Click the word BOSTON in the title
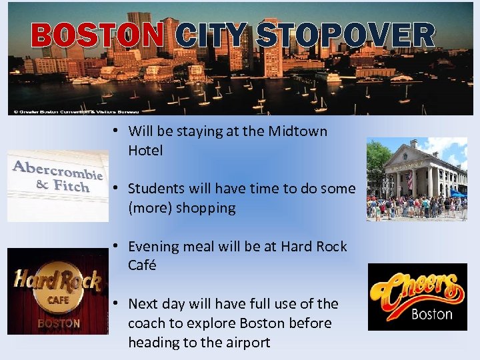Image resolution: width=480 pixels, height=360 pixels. (x=97, y=36)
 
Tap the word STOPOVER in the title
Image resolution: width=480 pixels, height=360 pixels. (x=345, y=36)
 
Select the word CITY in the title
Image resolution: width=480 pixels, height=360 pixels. (x=213, y=36)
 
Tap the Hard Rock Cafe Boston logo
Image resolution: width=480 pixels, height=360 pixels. (x=57, y=291)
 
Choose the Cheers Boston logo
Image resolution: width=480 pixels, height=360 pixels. (x=417, y=297)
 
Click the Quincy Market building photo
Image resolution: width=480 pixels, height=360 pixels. (x=417, y=179)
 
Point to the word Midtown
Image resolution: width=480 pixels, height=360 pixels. (x=297, y=131)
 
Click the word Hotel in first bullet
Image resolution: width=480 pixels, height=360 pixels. (x=145, y=151)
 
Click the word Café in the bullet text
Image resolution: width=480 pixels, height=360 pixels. (x=142, y=265)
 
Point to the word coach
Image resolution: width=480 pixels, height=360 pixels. (x=147, y=323)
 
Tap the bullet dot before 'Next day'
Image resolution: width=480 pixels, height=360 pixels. (x=115, y=303)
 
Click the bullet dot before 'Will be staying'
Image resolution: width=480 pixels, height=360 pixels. (x=115, y=131)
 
